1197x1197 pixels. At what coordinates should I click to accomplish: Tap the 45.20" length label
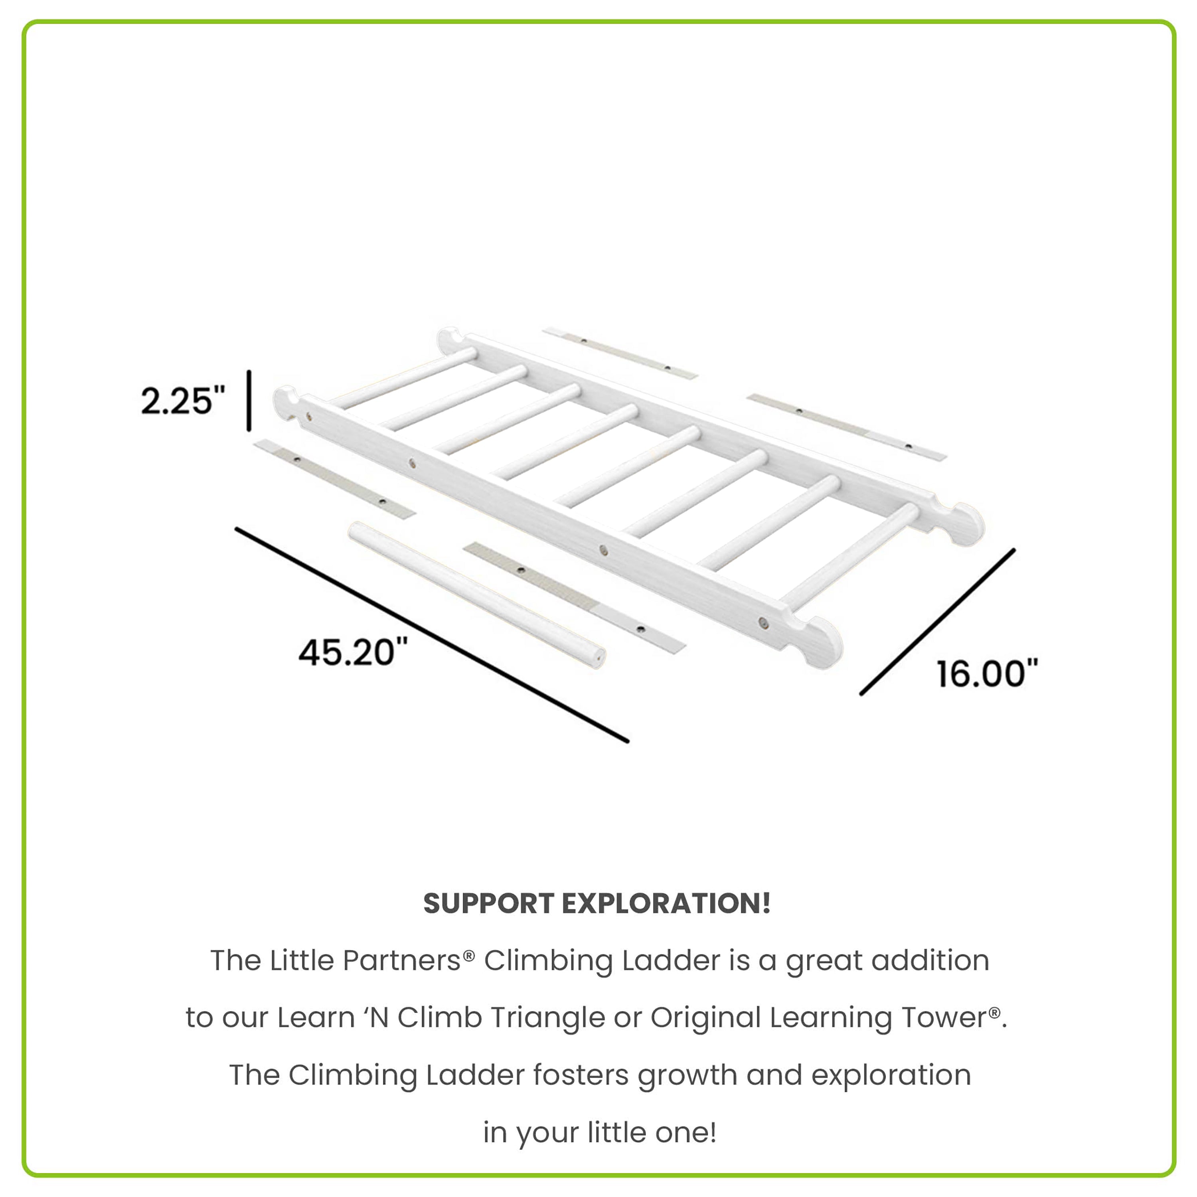(x=353, y=652)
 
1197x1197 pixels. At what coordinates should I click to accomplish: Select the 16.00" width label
(x=986, y=674)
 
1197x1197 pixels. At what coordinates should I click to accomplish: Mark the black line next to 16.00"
(x=937, y=621)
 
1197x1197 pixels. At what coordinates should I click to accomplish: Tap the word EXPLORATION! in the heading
(x=666, y=904)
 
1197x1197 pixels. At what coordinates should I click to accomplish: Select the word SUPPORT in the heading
(x=488, y=904)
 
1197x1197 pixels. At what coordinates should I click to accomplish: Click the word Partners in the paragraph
(x=401, y=961)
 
